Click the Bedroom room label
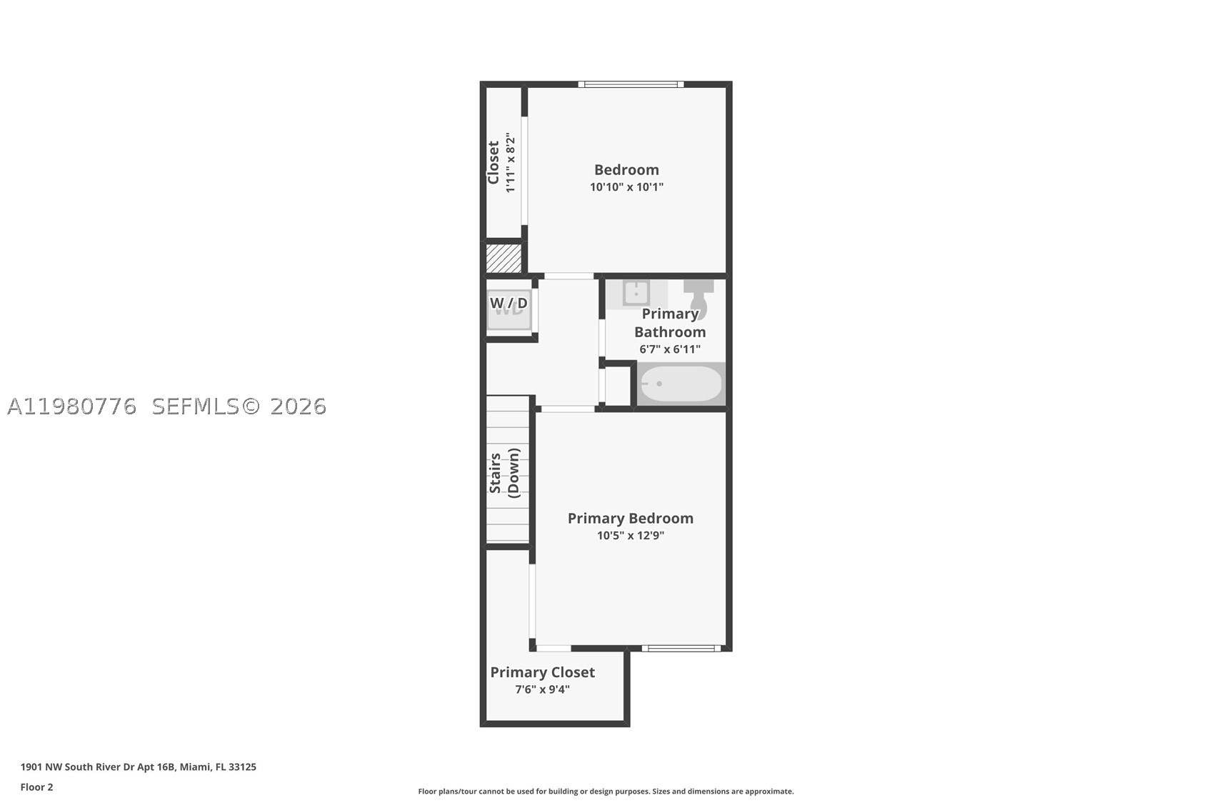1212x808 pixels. tap(626, 170)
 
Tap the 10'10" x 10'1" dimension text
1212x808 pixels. tap(626, 187)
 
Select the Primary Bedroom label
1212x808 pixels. tap(631, 519)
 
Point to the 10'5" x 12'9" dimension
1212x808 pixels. tap(631, 536)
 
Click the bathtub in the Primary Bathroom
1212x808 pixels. tap(681, 384)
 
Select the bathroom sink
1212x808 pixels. tap(636, 294)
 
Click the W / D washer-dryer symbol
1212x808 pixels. tap(509, 309)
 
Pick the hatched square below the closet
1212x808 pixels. tap(504, 258)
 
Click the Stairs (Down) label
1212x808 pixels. tap(504, 473)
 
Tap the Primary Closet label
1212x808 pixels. tap(542, 672)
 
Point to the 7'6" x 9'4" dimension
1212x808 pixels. tap(542, 689)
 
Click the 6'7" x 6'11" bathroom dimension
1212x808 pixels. tap(670, 349)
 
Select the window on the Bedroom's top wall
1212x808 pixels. tap(631, 84)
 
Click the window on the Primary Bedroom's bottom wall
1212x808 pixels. tap(681, 648)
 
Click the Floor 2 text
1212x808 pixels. tap(37, 787)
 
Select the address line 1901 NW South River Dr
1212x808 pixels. tap(139, 767)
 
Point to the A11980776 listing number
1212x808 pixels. tap(71, 407)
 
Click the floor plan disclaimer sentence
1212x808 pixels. tap(606, 792)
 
